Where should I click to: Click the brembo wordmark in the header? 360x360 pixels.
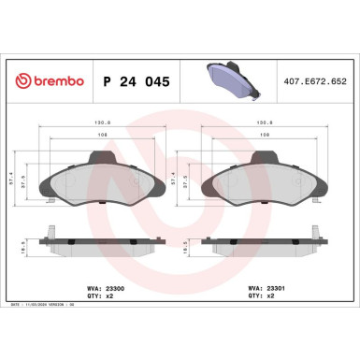coord(50,81)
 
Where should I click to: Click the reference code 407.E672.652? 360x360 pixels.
coord(314,81)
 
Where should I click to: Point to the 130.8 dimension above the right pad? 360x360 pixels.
coord(263,120)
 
